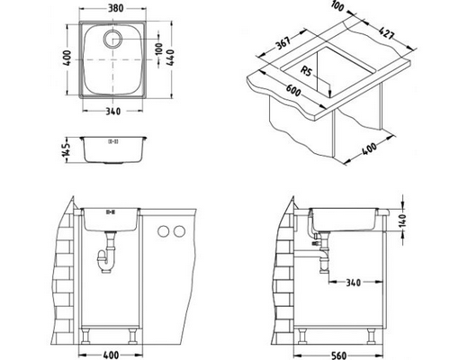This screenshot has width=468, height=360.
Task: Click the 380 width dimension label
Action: pos(115,8)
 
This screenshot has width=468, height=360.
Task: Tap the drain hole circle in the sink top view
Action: pos(112,39)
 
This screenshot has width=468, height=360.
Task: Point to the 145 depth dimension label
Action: pos(67,149)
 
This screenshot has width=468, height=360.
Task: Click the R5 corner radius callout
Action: pos(306,71)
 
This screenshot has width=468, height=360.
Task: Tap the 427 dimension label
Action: pos(385,33)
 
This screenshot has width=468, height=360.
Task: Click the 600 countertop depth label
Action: pos(292,90)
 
